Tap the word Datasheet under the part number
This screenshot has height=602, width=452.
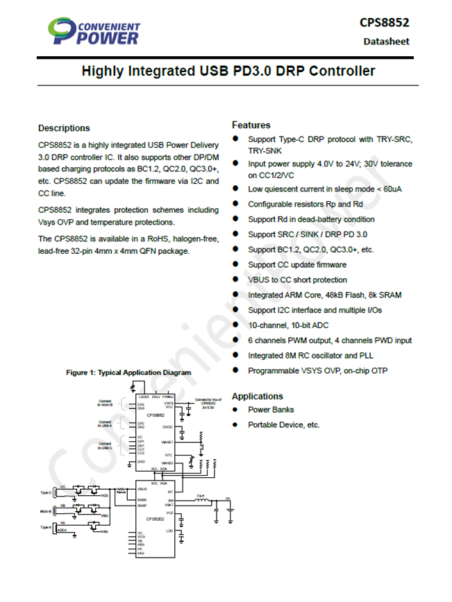(x=386, y=41)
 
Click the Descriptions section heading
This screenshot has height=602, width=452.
(x=64, y=128)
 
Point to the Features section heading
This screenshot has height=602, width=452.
(x=251, y=125)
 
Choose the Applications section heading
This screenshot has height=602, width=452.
(x=258, y=396)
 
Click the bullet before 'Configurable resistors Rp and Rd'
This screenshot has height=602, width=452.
(x=235, y=204)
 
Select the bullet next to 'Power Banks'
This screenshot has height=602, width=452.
(x=235, y=409)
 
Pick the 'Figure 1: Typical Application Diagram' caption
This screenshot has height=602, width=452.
(x=128, y=372)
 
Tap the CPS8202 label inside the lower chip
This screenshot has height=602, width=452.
(x=154, y=518)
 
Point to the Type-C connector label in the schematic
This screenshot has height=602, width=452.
(x=47, y=493)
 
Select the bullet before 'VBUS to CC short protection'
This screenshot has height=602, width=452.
(x=235, y=279)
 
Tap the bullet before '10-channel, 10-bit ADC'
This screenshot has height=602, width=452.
(x=235, y=325)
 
